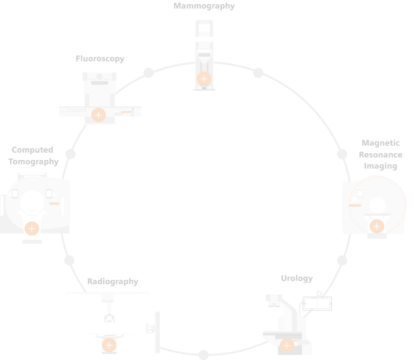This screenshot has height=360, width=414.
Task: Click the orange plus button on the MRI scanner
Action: [377, 226]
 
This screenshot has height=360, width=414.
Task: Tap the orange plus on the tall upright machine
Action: [204, 79]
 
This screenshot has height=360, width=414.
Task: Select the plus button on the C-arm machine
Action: [287, 345]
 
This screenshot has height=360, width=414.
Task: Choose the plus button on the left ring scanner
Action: [32, 229]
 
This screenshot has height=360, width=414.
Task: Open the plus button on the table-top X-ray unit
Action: [98, 115]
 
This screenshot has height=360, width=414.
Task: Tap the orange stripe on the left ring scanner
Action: [54, 204]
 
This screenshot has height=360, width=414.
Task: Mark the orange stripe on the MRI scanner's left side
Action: [355, 205]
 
